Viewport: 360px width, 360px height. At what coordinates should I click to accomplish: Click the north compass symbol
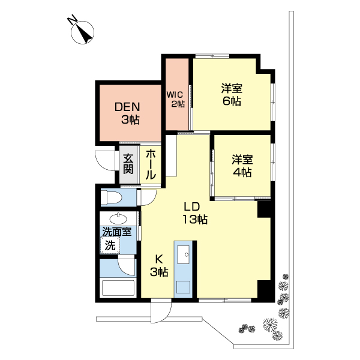tap(82, 32)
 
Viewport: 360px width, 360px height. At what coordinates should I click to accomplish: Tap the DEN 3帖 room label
tap(127, 113)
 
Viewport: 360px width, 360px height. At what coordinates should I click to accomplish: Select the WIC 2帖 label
tap(176, 99)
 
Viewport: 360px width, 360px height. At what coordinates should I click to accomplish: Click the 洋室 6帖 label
tap(232, 95)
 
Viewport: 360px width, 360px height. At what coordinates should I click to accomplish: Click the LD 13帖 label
tap(195, 213)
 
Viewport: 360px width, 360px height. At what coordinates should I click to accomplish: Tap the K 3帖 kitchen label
tap(159, 266)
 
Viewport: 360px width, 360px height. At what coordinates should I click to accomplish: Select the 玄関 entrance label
tap(128, 164)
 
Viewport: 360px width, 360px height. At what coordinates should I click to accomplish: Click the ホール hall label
tap(151, 164)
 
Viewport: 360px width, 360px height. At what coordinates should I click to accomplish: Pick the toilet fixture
tap(111, 197)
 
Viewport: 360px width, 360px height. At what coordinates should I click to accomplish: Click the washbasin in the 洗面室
tap(118, 218)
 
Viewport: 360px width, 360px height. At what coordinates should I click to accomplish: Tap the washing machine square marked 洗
tap(110, 245)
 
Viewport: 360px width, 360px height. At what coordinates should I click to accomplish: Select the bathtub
tap(118, 289)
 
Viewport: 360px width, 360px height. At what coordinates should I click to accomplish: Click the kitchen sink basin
tap(184, 254)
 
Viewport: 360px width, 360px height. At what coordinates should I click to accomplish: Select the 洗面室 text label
tap(117, 232)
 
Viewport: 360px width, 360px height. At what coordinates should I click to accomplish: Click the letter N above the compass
tap(72, 19)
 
